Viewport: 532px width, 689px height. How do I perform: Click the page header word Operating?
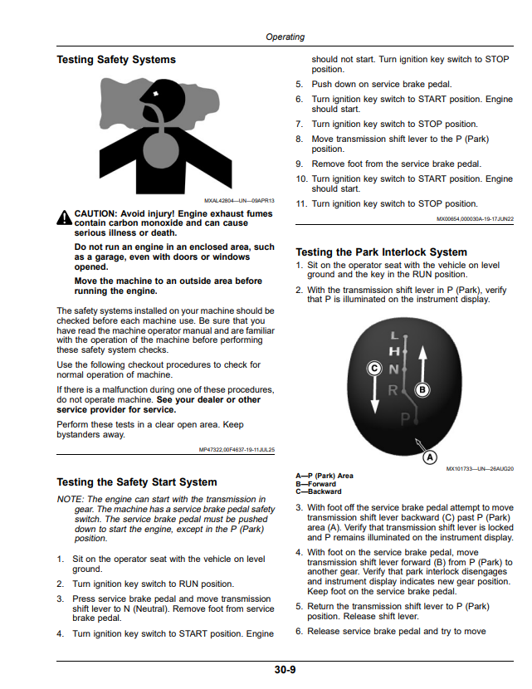click(x=285, y=37)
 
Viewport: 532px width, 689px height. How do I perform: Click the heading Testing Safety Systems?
click(x=116, y=59)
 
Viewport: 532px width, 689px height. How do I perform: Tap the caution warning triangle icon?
click(x=64, y=217)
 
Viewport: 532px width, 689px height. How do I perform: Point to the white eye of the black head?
click(x=155, y=94)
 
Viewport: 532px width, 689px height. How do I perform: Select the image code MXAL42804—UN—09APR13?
click(x=239, y=201)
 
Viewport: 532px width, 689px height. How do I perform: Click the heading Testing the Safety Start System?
click(x=137, y=482)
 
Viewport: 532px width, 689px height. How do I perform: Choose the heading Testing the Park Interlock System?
click(x=381, y=252)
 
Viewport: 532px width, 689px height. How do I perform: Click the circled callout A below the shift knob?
click(x=430, y=457)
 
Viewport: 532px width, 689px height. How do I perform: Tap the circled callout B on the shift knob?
click(x=422, y=390)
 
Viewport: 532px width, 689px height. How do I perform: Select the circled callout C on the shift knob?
click(x=374, y=368)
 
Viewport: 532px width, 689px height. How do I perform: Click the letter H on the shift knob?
click(x=394, y=351)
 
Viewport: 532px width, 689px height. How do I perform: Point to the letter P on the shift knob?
click(x=405, y=419)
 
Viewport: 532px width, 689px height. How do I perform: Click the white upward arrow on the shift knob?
click(x=422, y=363)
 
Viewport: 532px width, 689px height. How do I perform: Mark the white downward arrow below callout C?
click(x=375, y=394)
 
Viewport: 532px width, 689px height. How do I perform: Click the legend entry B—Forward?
click(x=315, y=484)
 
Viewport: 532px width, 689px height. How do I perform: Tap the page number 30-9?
click(x=286, y=670)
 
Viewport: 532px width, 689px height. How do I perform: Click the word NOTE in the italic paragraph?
click(x=70, y=499)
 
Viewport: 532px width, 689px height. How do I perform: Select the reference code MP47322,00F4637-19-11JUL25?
click(x=237, y=450)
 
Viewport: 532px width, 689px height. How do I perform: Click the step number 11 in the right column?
click(x=301, y=204)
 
